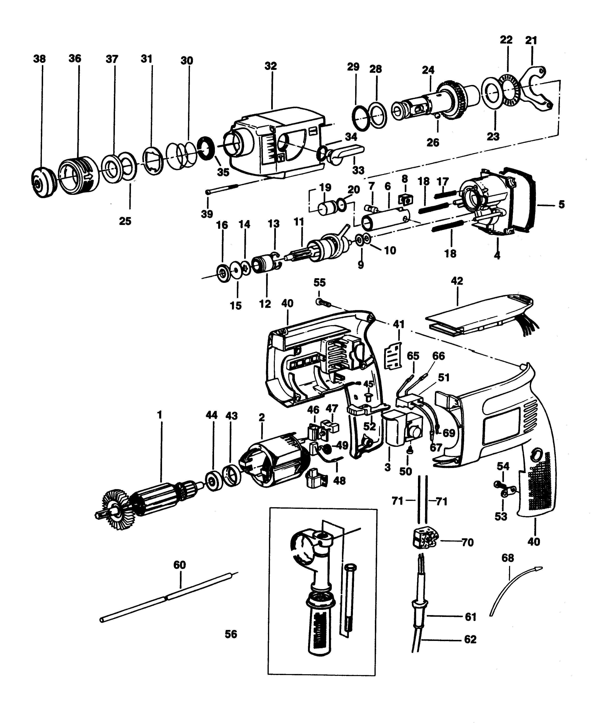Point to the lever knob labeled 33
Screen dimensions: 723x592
coord(344,152)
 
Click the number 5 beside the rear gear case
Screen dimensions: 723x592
coord(561,205)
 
